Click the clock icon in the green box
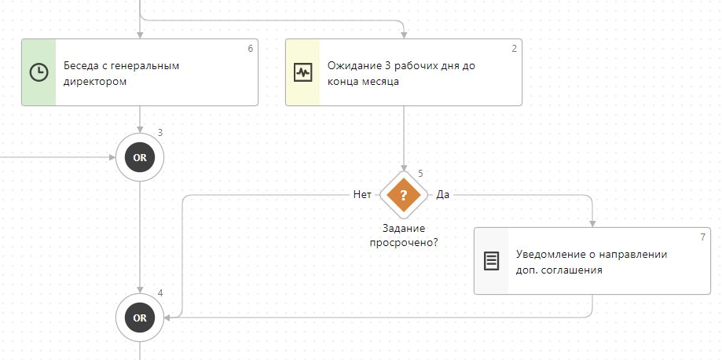(x=38, y=72)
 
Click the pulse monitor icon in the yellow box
(x=302, y=72)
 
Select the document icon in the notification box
(x=491, y=261)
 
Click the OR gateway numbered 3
(x=140, y=157)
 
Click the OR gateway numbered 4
(x=140, y=318)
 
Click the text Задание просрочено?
(x=404, y=235)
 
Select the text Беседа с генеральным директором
(x=121, y=72)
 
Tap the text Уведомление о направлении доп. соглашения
(x=591, y=261)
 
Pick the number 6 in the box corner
(x=250, y=49)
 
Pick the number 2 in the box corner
(x=514, y=49)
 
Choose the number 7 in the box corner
(x=702, y=237)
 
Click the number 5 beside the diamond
(x=420, y=174)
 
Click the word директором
(x=94, y=80)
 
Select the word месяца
(x=381, y=80)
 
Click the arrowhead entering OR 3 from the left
(x=112, y=157)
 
